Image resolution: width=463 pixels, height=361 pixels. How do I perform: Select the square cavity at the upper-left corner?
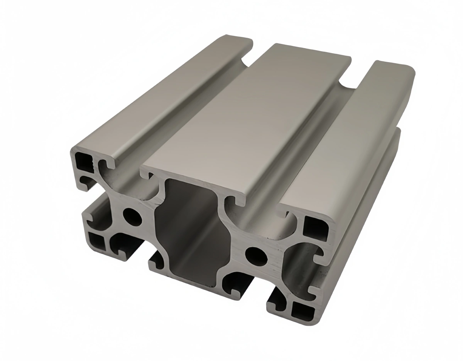(83, 161)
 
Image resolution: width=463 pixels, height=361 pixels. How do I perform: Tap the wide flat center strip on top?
(247, 116)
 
